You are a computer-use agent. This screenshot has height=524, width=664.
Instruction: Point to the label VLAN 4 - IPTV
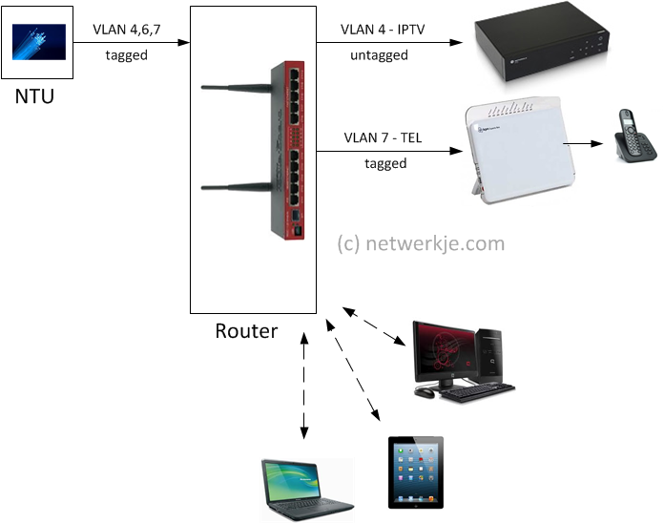[x=383, y=30]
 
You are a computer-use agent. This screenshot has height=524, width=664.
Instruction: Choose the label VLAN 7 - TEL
[x=384, y=139]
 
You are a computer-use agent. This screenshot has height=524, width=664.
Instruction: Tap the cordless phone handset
[x=629, y=139]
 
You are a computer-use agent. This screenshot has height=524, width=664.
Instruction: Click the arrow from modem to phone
[x=583, y=145]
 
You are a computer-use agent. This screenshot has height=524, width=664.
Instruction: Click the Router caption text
[x=246, y=331]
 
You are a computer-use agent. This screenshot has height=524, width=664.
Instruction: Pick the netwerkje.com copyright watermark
[x=421, y=243]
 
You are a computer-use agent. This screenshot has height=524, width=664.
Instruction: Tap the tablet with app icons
[x=415, y=472]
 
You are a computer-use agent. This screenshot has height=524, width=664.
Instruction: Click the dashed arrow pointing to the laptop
[x=304, y=387]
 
